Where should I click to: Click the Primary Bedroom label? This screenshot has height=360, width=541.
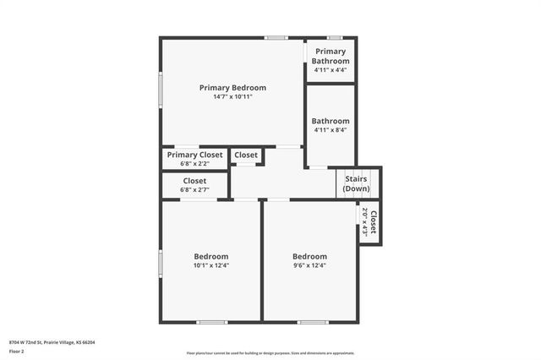point(232,87)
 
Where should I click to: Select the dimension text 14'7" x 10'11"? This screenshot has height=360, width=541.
point(232,97)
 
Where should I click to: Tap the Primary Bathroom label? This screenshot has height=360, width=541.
point(330,56)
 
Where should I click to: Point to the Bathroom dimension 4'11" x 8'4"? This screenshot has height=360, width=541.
point(330,130)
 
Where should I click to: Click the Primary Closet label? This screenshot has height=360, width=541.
point(194,155)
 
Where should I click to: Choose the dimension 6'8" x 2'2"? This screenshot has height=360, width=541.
point(194,164)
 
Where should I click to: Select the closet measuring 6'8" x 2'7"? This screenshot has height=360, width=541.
point(194,185)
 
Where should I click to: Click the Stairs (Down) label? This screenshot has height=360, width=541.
point(356,183)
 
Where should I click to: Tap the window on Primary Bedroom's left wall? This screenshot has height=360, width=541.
point(161,89)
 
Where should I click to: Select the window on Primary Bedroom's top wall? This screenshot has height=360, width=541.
point(275,37)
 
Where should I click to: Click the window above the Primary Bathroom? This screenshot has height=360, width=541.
point(335,37)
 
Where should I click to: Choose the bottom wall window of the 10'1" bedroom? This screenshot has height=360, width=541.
point(211,322)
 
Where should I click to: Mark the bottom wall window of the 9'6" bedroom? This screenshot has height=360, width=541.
point(312,322)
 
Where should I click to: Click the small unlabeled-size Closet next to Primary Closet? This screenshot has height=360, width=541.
point(246,155)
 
